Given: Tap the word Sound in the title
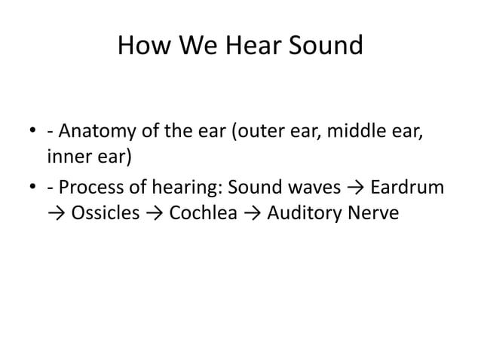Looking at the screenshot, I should click(x=325, y=46).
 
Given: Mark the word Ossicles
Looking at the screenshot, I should click(x=106, y=213).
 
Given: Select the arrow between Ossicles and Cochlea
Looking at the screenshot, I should click(x=155, y=214).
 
